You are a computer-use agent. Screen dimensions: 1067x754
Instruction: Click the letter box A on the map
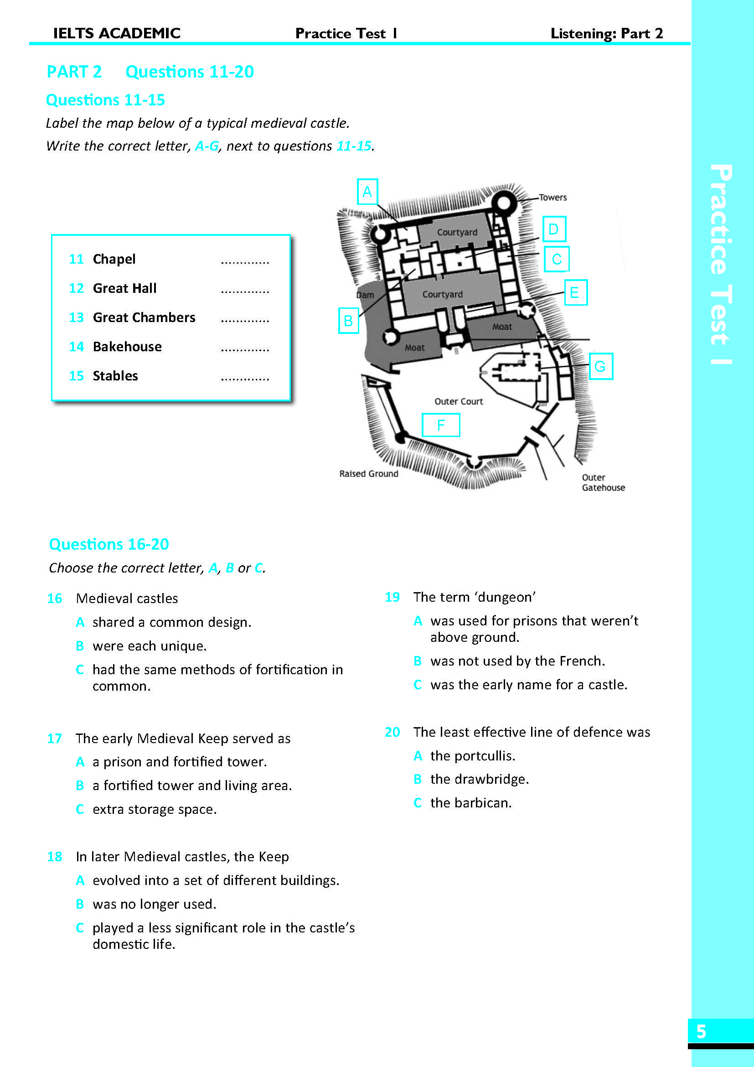tap(367, 192)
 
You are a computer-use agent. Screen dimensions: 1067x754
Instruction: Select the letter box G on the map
tap(600, 366)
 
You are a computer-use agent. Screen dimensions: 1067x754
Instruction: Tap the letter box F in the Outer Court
tap(441, 425)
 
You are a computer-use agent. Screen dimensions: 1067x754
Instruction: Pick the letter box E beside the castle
tap(575, 292)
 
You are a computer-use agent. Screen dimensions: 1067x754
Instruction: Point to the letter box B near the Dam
tap(348, 320)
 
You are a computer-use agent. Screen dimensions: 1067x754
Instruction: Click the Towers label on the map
tap(553, 198)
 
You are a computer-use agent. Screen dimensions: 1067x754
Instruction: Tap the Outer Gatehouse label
tap(603, 482)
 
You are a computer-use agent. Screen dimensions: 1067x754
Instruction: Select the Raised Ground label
tap(369, 474)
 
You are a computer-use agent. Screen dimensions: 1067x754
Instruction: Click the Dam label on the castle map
tap(365, 295)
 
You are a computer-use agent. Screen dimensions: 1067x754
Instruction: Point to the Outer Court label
tap(458, 401)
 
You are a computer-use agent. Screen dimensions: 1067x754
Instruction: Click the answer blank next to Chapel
tap(245, 262)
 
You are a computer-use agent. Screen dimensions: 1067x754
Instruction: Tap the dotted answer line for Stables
tap(245, 378)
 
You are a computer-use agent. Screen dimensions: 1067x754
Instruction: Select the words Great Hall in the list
tap(124, 288)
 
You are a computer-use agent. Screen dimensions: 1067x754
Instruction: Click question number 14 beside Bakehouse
tap(76, 347)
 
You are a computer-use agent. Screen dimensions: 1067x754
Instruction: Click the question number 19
tap(392, 597)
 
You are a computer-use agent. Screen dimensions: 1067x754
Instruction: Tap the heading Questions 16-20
tap(108, 544)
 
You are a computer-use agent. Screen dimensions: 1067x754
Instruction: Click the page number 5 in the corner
tap(701, 1032)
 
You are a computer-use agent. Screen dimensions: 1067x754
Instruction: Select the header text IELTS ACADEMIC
tap(117, 33)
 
